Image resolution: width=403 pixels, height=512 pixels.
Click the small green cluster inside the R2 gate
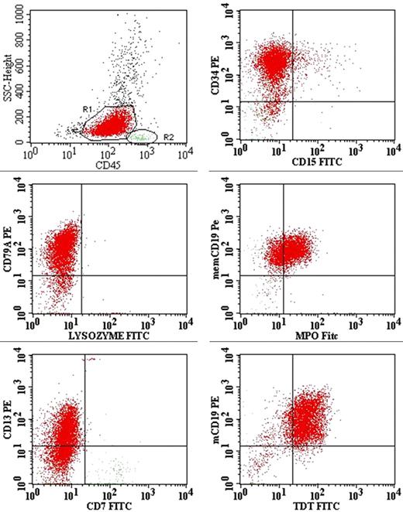(140, 137)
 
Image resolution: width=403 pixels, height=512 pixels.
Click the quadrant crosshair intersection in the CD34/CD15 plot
(292, 101)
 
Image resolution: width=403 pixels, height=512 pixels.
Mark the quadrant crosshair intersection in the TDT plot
(292, 445)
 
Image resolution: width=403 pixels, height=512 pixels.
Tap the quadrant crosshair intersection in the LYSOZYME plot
(81, 275)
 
